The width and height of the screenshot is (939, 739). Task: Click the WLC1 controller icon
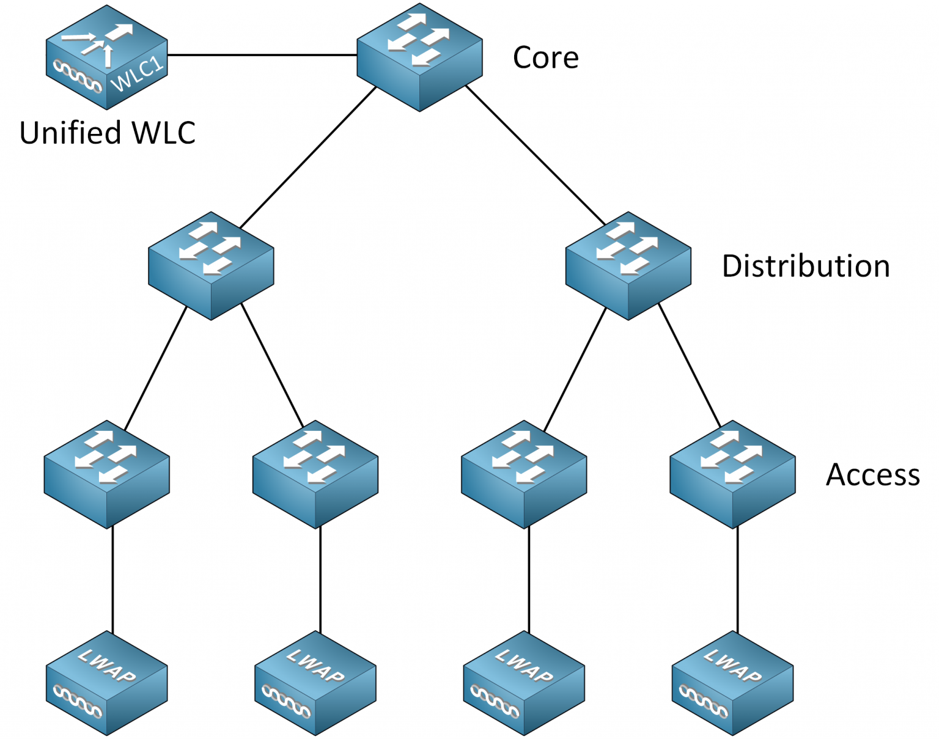107,58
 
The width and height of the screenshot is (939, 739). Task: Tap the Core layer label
545,57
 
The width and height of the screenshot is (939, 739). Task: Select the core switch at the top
419,58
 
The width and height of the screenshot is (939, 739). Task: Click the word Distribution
805,266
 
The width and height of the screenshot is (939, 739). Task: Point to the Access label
872,474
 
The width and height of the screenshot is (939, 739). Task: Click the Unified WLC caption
107,133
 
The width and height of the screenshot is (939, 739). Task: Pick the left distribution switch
211,266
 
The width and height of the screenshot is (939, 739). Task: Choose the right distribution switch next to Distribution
628,266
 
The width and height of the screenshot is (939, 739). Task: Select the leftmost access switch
106,474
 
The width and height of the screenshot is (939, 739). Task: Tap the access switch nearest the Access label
732,474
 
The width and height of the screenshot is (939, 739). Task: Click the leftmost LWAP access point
106,683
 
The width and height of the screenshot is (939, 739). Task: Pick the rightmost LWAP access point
732,683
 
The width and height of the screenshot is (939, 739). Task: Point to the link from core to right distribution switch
536,156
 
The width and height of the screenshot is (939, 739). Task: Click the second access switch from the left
315,474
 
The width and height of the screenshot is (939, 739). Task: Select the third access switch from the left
524,474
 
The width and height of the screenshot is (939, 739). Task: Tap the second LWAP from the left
315,683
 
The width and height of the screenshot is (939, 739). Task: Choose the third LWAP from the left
524,683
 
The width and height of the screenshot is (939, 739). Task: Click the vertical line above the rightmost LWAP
737,579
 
